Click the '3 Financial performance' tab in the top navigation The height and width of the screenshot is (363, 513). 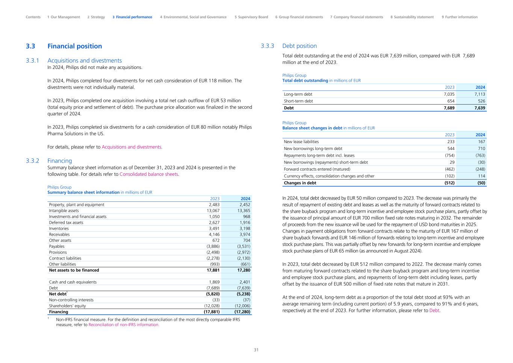pos(132,17)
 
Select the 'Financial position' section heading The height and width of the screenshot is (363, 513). pos(74,46)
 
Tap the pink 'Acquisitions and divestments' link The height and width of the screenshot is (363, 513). pos(131,147)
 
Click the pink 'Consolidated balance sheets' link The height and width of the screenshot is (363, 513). pos(149,174)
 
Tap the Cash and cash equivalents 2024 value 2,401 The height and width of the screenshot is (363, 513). pos(245,282)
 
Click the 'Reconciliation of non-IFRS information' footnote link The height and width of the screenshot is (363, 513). pos(124,325)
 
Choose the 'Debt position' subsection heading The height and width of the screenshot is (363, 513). pos(299,46)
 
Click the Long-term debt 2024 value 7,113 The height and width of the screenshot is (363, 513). pos(480,94)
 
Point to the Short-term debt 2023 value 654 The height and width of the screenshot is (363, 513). pos(450,101)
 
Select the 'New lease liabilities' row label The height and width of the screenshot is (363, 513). pos(301,142)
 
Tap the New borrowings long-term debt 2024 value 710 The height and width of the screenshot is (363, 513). pos(481,148)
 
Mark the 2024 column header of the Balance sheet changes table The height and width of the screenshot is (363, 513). pos(480,135)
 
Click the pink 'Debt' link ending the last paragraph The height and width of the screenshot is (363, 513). pos(434,311)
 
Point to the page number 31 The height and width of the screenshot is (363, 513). pos(256,350)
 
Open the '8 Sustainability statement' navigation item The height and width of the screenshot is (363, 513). pos(412,17)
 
